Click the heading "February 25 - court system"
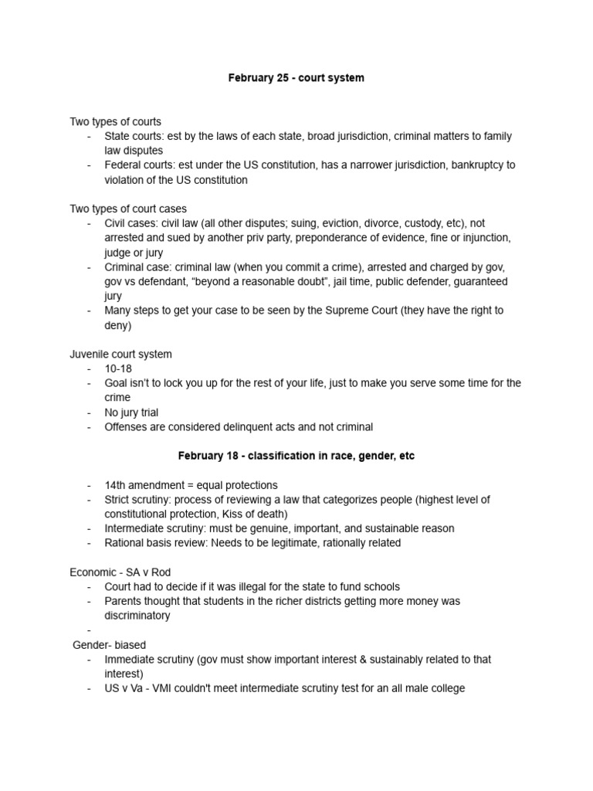point(296,78)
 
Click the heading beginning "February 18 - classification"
point(296,456)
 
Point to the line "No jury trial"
point(132,412)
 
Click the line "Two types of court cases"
point(128,209)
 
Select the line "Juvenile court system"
point(121,354)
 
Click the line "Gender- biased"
point(109,644)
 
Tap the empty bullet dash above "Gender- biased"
point(90,630)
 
